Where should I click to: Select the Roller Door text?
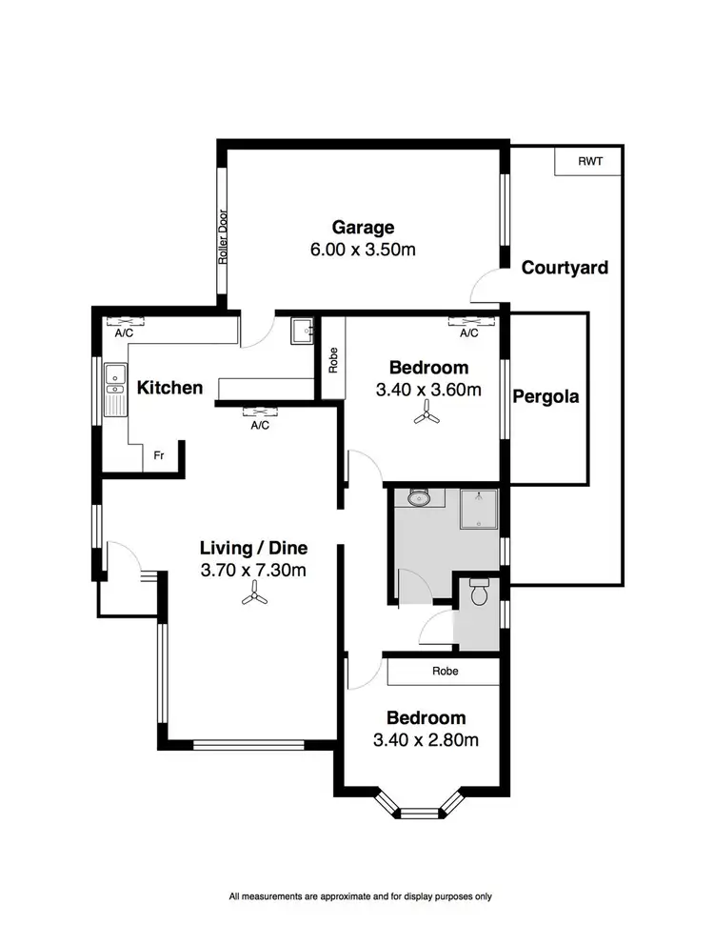pos(224,236)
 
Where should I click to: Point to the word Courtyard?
pos(565,268)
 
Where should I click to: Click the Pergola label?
pos(545,396)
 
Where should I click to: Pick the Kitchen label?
pos(169,388)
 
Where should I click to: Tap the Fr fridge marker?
pos(159,456)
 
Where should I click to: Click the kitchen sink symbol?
pos(115,391)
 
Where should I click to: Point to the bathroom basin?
pos(418,497)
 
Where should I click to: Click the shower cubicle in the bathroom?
pos(480,509)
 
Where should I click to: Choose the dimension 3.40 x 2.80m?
pos(426,740)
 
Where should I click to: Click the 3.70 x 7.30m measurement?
pos(253,572)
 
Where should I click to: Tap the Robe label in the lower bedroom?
pos(445,671)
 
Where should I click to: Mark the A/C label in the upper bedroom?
pos(467,334)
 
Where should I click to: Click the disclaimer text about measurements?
pos(360,896)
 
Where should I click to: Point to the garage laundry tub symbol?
pos(303,330)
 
